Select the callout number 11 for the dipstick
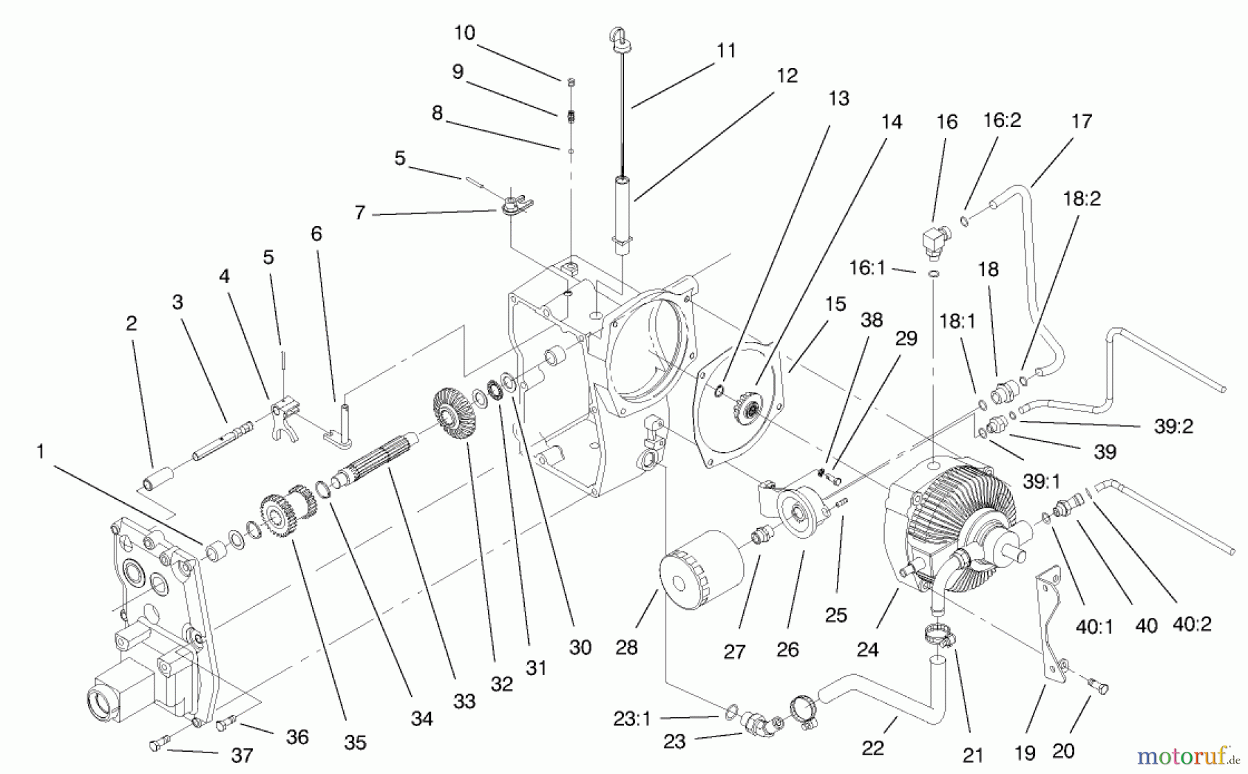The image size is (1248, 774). [726, 51]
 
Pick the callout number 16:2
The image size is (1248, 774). [1002, 121]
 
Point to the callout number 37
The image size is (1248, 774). [242, 755]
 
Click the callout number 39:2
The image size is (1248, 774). [1173, 427]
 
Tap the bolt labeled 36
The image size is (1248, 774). [227, 725]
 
